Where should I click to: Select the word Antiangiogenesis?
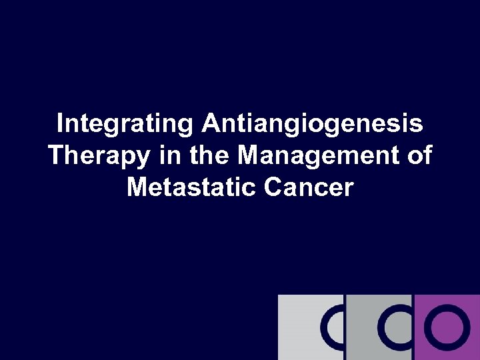tap(313, 125)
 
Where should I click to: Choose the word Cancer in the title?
tap(308, 187)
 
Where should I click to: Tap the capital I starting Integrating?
tap(61, 124)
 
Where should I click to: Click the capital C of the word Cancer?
tap(273, 187)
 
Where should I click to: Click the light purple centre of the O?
tap(443, 327)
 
